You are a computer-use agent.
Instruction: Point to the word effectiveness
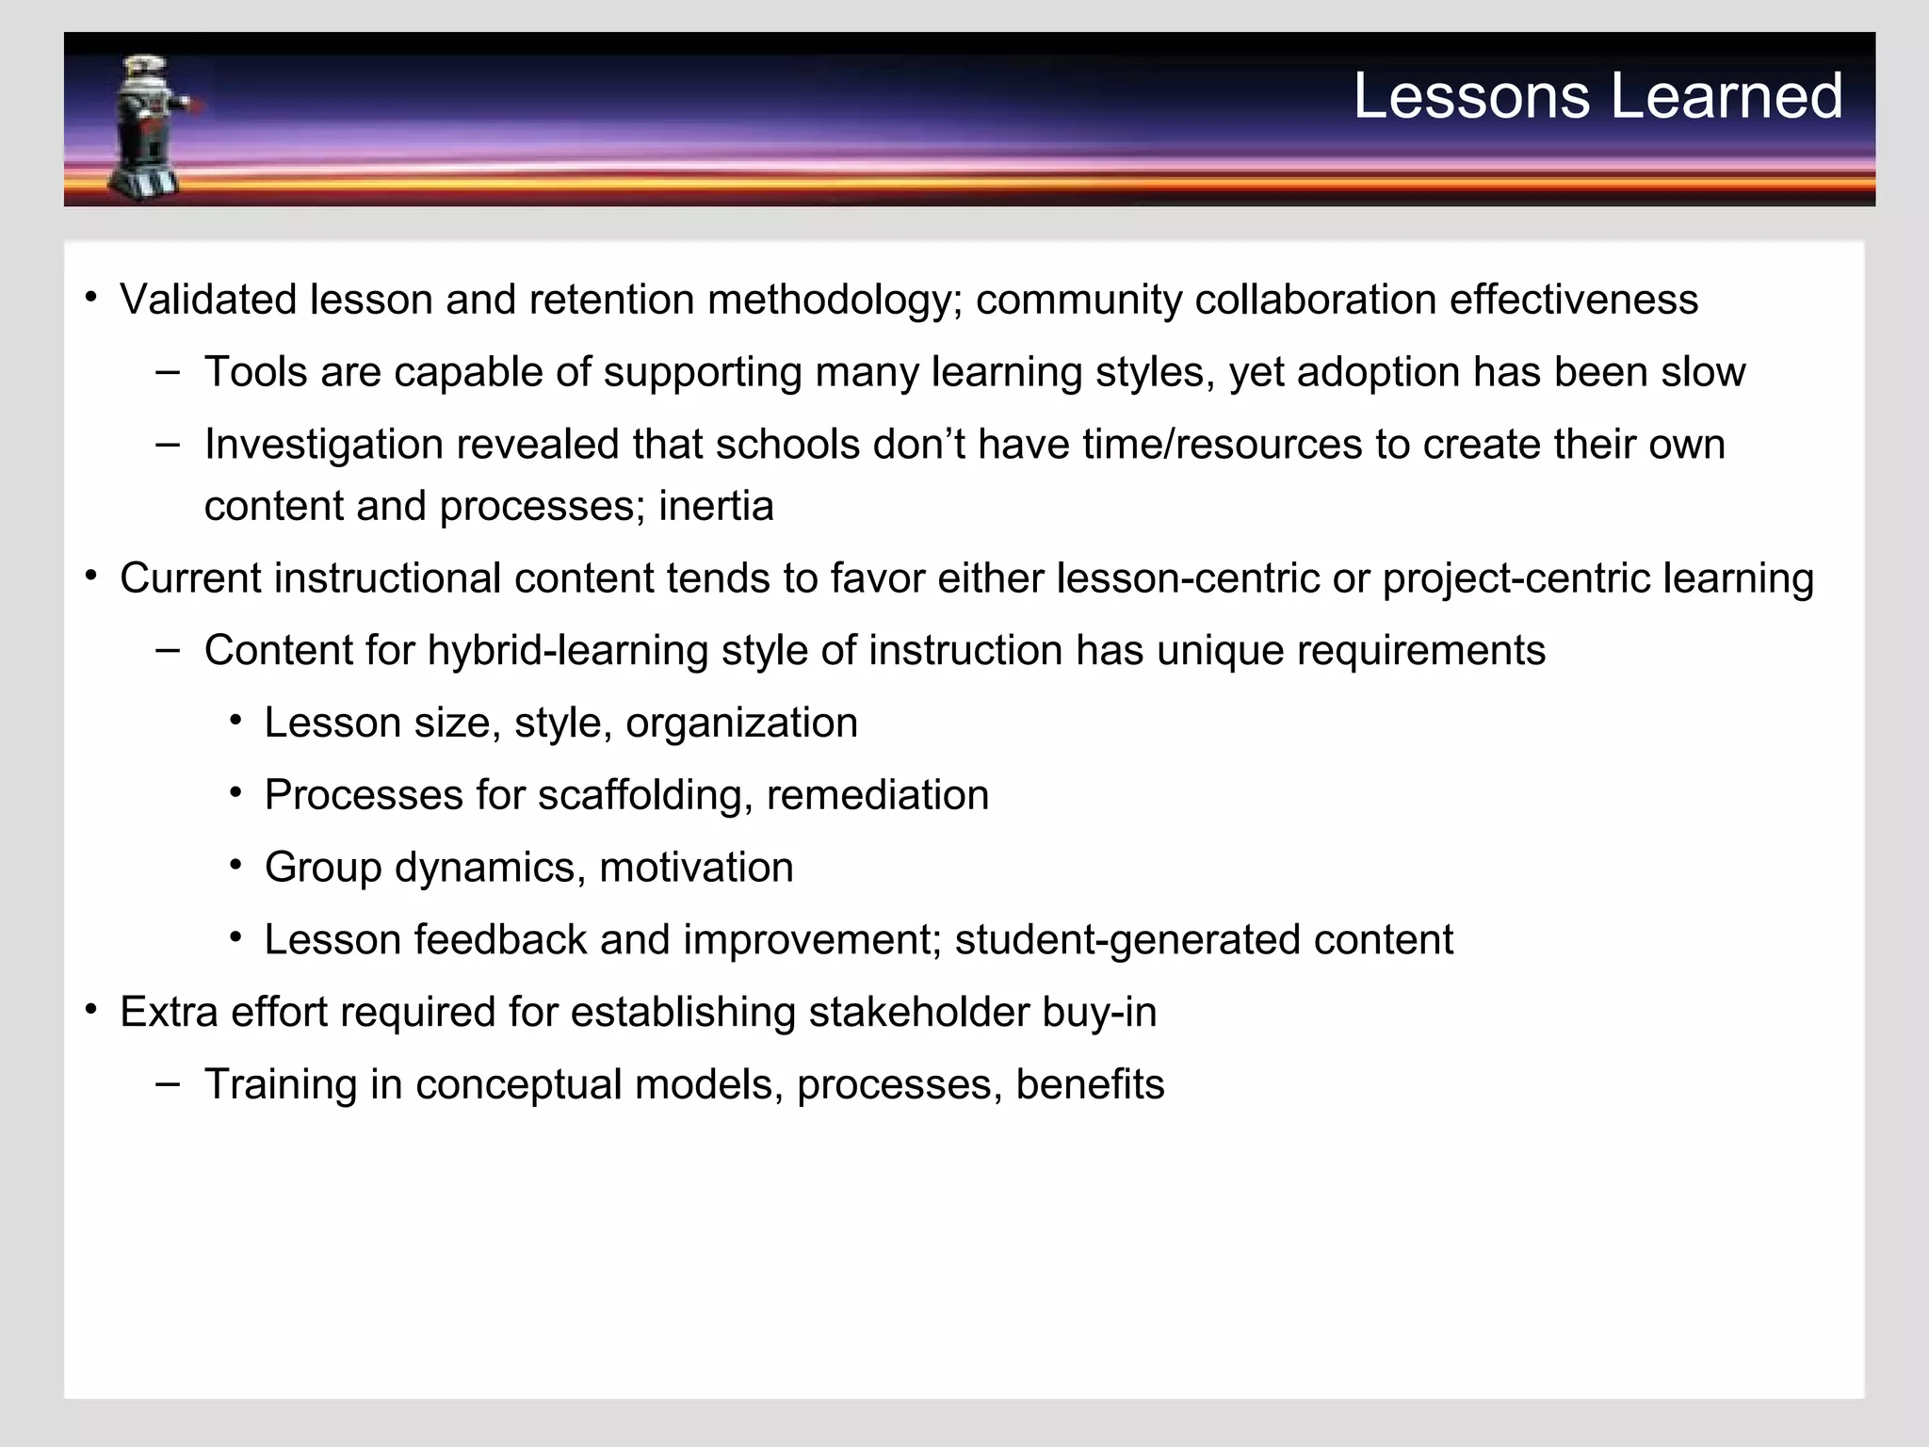1573,300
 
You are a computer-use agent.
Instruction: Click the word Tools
255,372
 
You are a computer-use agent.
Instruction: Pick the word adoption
1378,372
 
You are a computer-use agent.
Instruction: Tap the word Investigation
324,445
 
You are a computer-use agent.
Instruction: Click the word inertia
716,506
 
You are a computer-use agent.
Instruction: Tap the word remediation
877,795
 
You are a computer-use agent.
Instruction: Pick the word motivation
696,868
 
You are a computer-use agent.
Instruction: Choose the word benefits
1090,1084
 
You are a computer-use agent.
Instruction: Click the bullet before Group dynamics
235,865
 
